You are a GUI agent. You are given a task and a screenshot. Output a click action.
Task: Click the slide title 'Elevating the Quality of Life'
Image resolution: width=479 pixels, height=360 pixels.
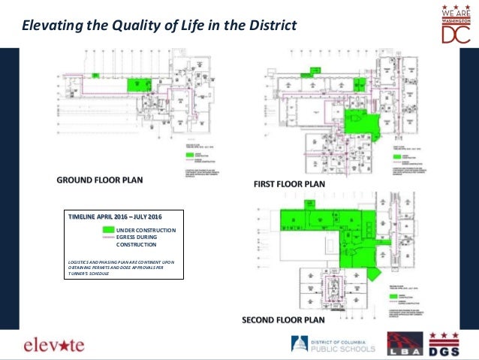(159, 26)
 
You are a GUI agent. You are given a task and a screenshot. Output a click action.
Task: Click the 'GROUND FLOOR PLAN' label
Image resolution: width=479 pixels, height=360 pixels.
(100, 180)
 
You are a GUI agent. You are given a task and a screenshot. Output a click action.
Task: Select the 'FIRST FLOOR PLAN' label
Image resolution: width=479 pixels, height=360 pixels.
(288, 183)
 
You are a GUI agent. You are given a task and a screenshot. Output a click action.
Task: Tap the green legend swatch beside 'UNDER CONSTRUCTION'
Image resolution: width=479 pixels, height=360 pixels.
(109, 229)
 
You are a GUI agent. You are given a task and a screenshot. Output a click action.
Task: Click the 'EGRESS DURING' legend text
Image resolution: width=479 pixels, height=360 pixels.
(141, 237)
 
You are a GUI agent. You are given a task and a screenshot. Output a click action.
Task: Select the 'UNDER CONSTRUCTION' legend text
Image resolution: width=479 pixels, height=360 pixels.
(146, 229)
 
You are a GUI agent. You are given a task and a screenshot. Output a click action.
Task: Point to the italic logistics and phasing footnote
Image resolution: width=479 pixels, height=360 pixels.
(120, 267)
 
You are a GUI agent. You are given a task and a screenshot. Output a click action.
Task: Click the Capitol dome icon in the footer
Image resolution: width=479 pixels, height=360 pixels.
(298, 344)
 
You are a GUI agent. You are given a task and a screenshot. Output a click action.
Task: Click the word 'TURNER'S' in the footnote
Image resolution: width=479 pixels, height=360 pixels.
(79, 274)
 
